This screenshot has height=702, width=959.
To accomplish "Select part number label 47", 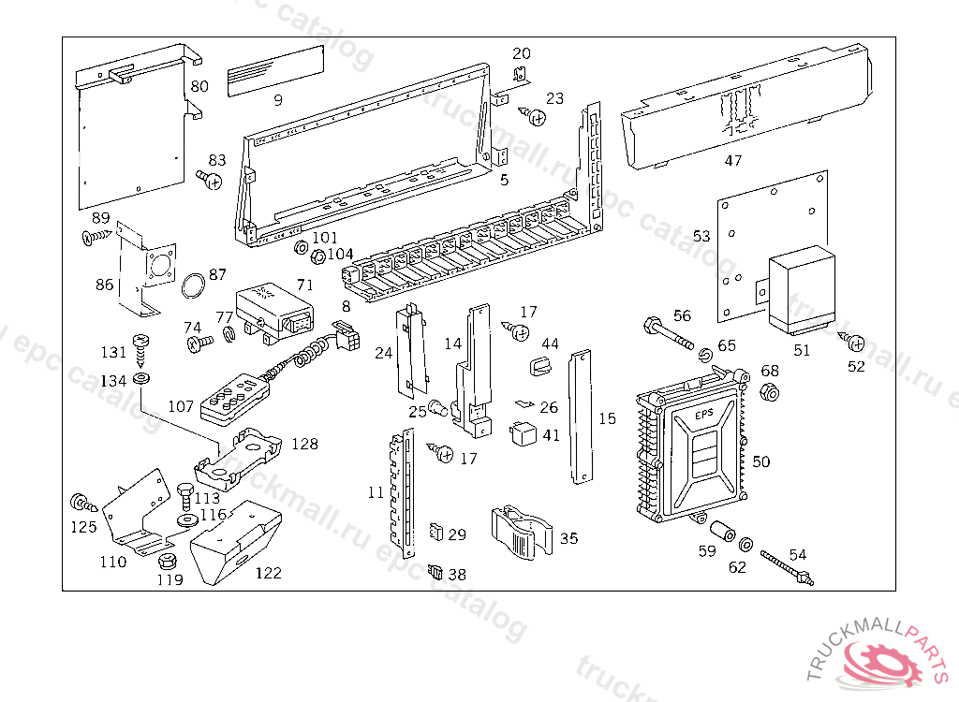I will point(733,161).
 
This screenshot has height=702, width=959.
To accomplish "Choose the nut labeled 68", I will point(768,392).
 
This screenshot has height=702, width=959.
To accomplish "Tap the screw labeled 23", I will point(536,117).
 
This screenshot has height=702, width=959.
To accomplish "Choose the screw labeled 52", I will point(854,342).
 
